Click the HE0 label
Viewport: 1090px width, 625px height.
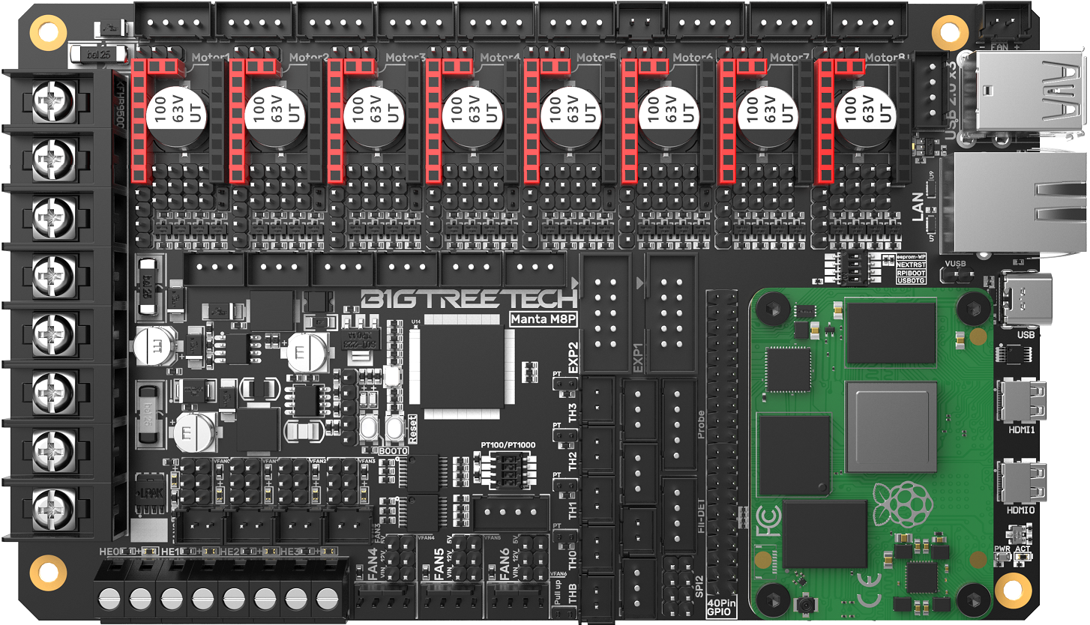pyautogui.click(x=109, y=552)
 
